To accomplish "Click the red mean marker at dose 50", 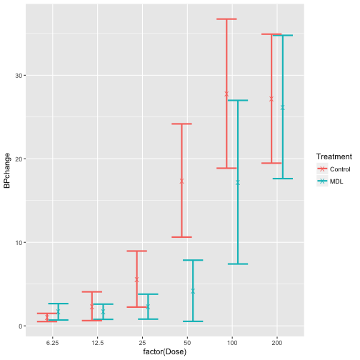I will [181, 181].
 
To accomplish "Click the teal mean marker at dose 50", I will [193, 291].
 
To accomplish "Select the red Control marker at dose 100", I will [226, 94].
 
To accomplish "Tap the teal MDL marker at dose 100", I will [238, 182].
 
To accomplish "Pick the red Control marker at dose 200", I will [271, 99].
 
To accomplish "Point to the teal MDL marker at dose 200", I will [283, 107].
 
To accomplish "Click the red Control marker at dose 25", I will [136, 279].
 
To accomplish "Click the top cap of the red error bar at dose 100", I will [226, 19].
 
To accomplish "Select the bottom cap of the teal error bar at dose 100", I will [238, 264].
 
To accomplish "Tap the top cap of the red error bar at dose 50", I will [181, 124].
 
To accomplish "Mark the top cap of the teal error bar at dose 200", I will [283, 35].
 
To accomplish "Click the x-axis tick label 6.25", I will [52, 344].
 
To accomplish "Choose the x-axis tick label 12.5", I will [97, 344].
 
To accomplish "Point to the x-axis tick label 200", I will [277, 344].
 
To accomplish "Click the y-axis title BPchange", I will [7, 171].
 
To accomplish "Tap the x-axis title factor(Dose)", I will [164, 354].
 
